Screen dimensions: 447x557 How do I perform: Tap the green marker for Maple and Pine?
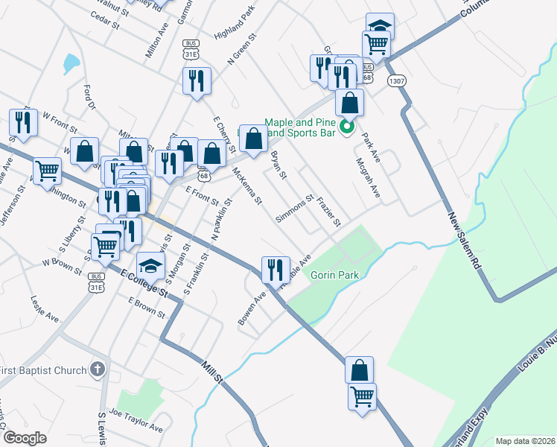coord(346,127)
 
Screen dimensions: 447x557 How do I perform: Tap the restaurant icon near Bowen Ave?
coord(275,270)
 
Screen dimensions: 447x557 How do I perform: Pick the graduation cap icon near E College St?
coord(151,266)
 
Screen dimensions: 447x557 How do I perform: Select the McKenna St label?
coord(248,186)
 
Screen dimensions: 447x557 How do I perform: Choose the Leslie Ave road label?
coord(44,307)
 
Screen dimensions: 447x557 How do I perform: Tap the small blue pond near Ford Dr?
coord(71,63)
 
